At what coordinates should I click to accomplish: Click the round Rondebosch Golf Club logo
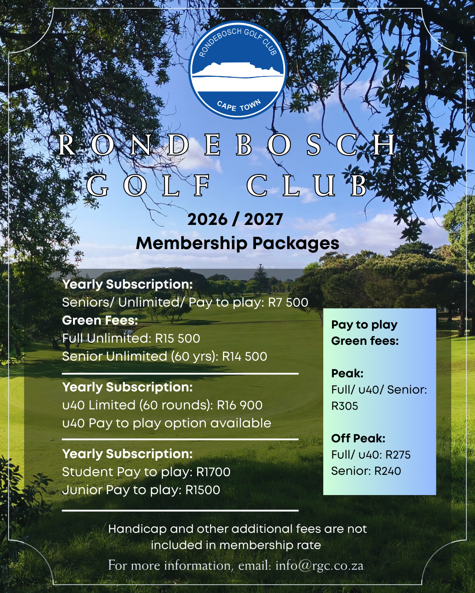click(x=237, y=70)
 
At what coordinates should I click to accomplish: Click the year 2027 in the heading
click(x=263, y=219)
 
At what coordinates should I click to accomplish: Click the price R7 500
click(x=288, y=302)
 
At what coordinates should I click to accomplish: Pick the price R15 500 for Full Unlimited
click(x=178, y=338)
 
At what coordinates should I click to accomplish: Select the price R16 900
click(x=240, y=405)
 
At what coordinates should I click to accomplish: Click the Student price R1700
click(x=213, y=472)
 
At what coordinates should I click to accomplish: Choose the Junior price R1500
click(x=203, y=490)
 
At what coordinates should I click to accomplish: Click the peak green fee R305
click(x=345, y=406)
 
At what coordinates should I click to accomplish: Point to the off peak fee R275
click(x=398, y=455)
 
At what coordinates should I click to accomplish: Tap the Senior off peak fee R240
click(x=387, y=471)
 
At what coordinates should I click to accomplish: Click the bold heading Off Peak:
click(x=358, y=438)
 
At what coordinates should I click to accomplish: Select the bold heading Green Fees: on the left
click(x=100, y=320)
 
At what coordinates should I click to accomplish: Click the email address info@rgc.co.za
click(x=319, y=565)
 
